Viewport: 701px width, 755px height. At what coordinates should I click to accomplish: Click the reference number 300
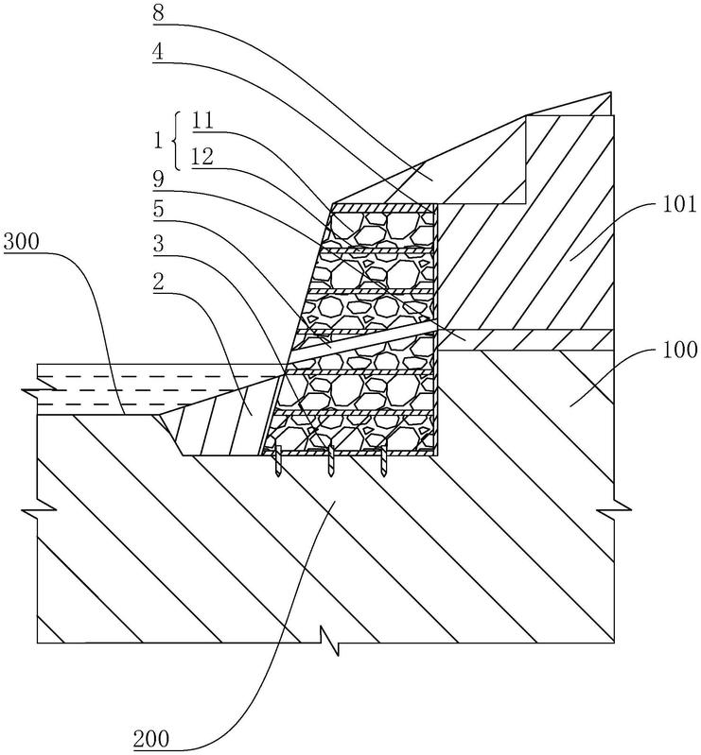(21, 241)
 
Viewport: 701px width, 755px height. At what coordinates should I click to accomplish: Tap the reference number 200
(151, 739)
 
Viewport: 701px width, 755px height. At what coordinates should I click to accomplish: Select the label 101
(679, 205)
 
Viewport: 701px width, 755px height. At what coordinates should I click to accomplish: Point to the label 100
(680, 350)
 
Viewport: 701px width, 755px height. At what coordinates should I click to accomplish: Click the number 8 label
(158, 13)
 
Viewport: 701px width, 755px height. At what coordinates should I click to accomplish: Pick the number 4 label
(158, 52)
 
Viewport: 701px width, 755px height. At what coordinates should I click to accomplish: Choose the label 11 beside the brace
(202, 120)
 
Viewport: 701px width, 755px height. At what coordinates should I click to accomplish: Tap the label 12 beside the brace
(202, 157)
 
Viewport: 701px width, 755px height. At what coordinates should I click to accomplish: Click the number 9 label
(158, 180)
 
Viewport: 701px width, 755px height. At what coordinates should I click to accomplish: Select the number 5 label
(158, 210)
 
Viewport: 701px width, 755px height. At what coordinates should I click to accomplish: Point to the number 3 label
(158, 244)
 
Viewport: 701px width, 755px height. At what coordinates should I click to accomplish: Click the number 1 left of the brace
(158, 141)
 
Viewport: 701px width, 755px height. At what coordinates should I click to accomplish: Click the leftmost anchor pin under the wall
(278, 461)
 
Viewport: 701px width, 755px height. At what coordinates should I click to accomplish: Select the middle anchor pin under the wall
(331, 461)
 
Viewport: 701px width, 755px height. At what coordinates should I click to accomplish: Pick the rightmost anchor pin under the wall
(383, 461)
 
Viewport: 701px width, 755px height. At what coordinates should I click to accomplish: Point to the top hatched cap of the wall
(383, 208)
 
